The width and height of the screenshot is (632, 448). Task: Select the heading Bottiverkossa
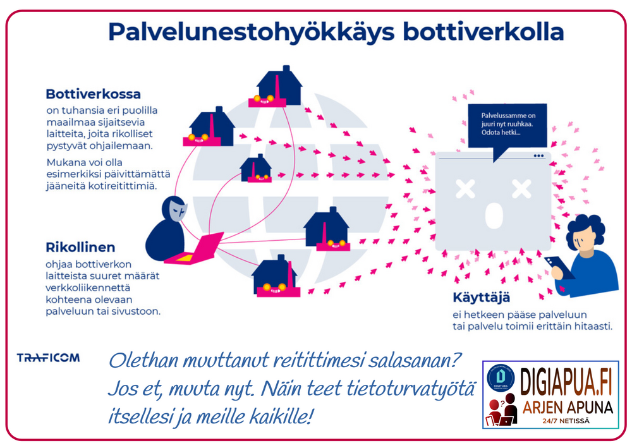click(93, 94)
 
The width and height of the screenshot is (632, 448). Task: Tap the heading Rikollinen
click(80, 247)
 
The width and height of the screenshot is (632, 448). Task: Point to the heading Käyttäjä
click(481, 298)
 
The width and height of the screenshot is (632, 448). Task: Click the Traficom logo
click(48, 358)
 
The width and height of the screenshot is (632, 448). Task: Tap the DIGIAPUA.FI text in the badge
click(566, 380)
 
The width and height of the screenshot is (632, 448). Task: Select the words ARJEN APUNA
click(567, 408)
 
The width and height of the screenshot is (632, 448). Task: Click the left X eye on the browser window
click(466, 188)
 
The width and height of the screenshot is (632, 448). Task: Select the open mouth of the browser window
click(494, 215)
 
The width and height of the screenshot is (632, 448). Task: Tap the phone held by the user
click(561, 267)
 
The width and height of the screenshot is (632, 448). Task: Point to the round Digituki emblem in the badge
click(501, 379)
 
